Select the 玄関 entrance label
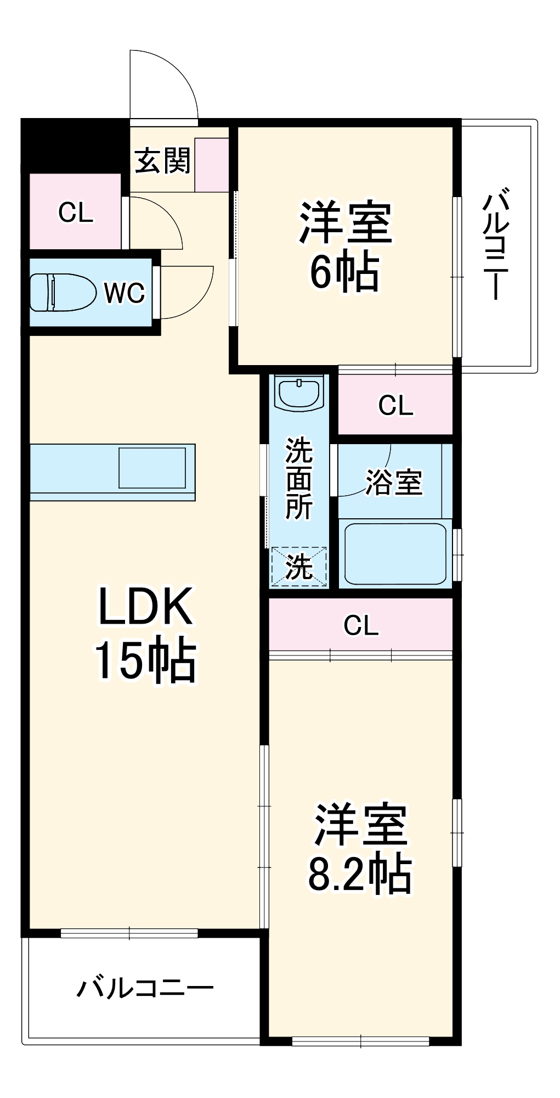(162, 161)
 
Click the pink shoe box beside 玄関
(212, 165)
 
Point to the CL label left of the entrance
(76, 212)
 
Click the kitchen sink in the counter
(152, 468)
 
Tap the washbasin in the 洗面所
(299, 393)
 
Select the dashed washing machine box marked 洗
(299, 566)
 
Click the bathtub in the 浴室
(394, 553)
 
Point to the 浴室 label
(394, 482)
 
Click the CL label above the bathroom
(395, 405)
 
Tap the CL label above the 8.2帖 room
(360, 625)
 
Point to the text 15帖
(145, 660)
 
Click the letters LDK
(145, 606)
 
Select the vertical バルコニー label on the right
(496, 244)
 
